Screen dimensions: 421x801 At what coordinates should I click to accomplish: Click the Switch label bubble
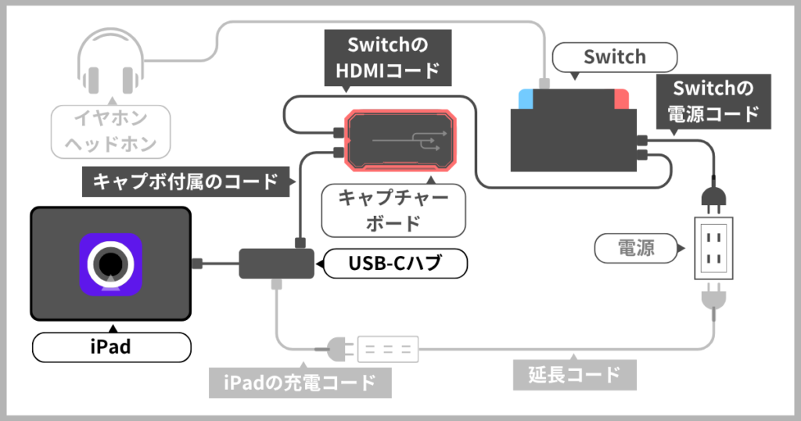coord(614,57)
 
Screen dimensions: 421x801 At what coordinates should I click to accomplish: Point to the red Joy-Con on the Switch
coord(622,99)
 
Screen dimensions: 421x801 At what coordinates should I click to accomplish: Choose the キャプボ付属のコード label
coord(186,182)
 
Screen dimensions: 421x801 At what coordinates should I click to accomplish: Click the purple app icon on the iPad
coord(110,264)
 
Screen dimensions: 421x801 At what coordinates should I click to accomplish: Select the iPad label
coord(110,347)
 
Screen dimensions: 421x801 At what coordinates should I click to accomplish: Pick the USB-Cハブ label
coord(396,264)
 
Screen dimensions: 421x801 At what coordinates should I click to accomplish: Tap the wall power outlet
coord(713,248)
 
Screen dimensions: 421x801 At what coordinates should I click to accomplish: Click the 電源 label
coord(636,249)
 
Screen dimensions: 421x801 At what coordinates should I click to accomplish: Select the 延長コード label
coord(574,374)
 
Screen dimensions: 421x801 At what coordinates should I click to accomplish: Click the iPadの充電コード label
coord(300,383)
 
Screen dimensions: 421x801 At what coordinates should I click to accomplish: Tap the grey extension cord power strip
coord(388,349)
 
